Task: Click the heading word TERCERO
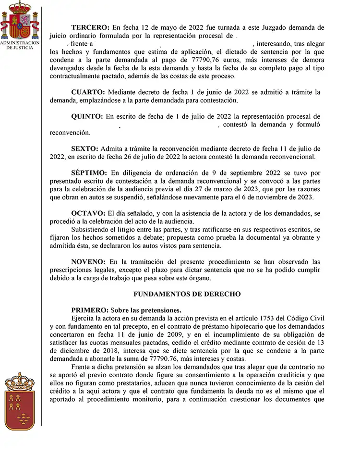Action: pos(90,27)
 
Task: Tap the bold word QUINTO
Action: pos(87,116)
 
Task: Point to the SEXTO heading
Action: pos(84,148)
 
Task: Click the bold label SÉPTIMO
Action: pos(89,173)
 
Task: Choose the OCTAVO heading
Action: pos(88,213)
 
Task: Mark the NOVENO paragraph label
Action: pos(88,262)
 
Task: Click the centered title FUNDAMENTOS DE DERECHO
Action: pos(187,294)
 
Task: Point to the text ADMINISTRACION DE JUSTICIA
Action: pos(20,45)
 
